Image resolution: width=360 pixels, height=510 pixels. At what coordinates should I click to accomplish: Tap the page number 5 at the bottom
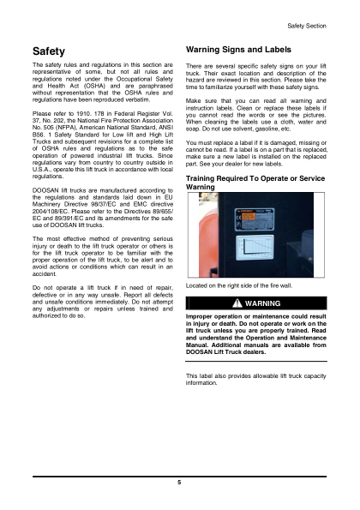[179, 483]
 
